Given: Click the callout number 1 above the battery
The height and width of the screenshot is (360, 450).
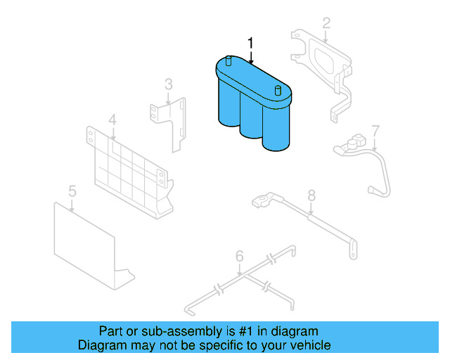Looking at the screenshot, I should coord(250,44).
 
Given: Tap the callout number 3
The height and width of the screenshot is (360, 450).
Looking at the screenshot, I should coord(169,85).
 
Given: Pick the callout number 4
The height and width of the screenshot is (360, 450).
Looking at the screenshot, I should coord(112,120).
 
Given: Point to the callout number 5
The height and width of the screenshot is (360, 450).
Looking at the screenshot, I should coord(72,191).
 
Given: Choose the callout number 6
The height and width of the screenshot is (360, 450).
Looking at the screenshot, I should coord(239,257).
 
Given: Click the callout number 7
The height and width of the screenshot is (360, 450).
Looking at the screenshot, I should coord(375,131).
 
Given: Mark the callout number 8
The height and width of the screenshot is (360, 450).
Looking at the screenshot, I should coord(311,195).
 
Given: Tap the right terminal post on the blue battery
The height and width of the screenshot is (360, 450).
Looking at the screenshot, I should coord(278,90).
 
